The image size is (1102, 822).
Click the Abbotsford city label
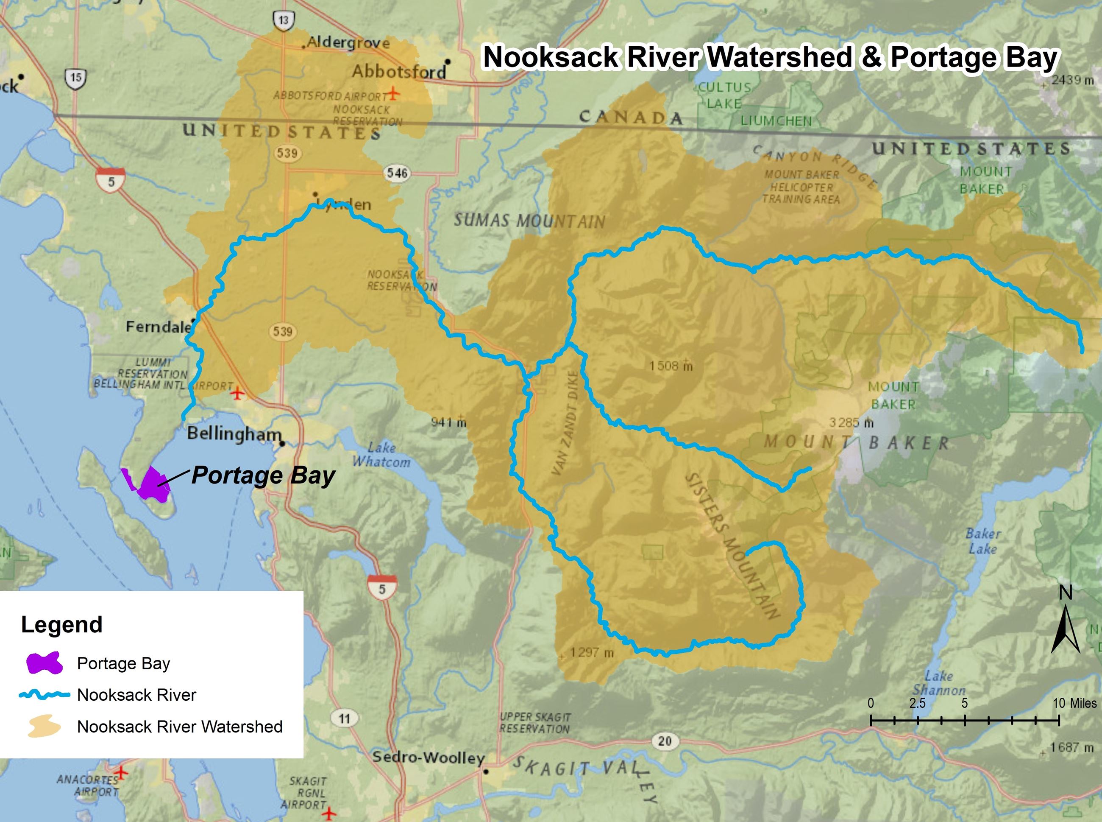click(399, 72)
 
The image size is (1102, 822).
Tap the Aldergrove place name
click(348, 43)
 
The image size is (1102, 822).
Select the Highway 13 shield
click(283, 20)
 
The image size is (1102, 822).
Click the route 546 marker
click(397, 173)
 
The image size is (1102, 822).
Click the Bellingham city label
click(234, 433)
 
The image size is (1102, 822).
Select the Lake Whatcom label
click(381, 455)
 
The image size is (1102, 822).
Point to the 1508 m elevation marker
click(671, 366)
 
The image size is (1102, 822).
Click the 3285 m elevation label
click(851, 422)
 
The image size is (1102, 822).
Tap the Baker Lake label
click(982, 541)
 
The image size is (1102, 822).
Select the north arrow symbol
click(1065, 630)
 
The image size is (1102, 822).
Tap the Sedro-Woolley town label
click(428, 758)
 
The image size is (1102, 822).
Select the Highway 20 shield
click(665, 741)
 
